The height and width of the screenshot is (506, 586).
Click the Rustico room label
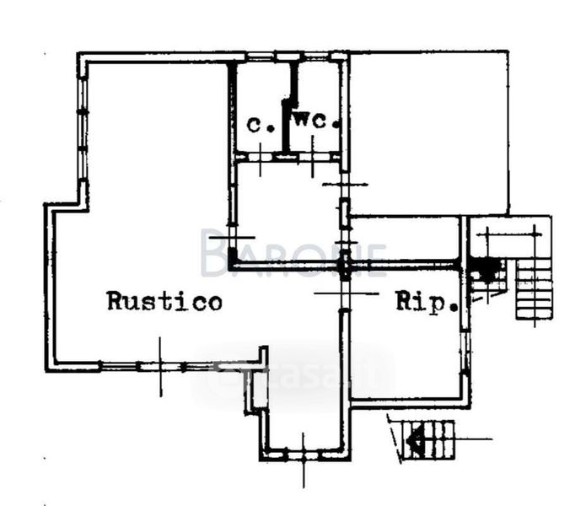[165, 301]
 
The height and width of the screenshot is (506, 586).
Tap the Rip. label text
[427, 302]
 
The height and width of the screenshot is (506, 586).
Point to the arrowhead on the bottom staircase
[414, 439]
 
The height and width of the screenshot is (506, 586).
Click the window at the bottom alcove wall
[304, 455]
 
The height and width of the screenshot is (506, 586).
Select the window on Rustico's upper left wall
[83, 126]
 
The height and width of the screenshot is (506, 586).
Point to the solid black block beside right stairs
[486, 269]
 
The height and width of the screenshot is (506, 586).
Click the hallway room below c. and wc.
[287, 211]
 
